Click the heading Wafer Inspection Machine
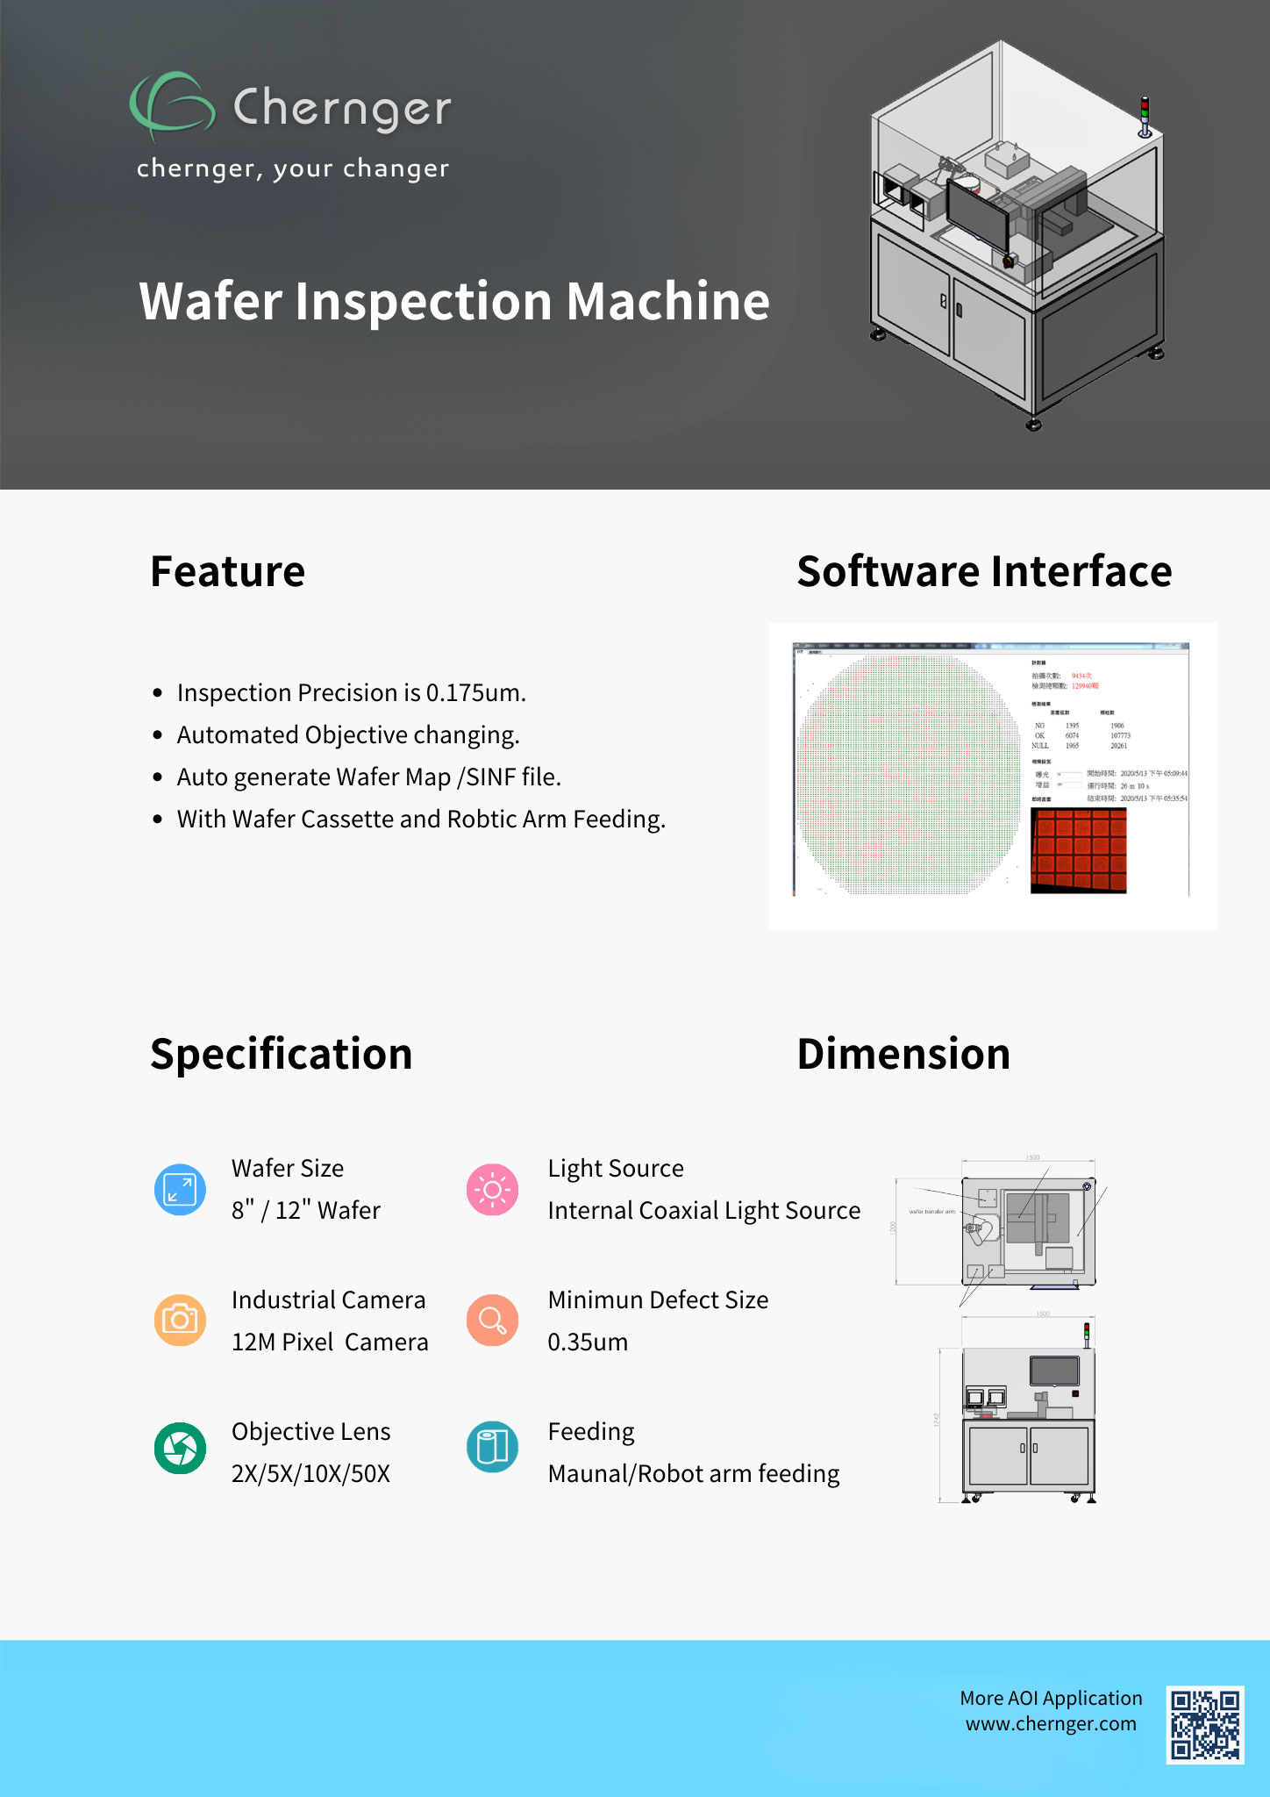click(454, 302)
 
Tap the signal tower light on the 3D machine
click(1145, 115)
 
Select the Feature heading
click(228, 572)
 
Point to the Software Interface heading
click(984, 572)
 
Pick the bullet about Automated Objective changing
click(348, 735)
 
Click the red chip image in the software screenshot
click(1078, 850)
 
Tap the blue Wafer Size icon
click(180, 1190)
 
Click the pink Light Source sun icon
click(492, 1190)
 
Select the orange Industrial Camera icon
click(180, 1320)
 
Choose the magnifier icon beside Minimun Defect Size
click(492, 1320)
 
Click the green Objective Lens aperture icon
click(180, 1448)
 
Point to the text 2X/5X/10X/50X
click(310, 1474)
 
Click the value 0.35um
click(588, 1342)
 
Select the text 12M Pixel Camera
click(330, 1342)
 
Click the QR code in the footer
click(1205, 1724)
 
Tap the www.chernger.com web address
click(1051, 1724)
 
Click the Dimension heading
click(903, 1055)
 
